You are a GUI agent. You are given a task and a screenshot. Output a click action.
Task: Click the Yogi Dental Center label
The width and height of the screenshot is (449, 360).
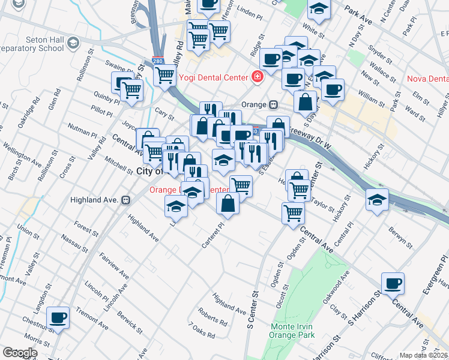point(212,77)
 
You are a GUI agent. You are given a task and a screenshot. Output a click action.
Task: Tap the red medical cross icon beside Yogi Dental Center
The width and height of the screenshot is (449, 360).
point(258,77)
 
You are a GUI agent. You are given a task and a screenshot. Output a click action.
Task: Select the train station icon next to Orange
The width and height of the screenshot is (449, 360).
point(273,104)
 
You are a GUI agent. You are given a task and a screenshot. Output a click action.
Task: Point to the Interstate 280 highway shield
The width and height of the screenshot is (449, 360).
point(157,61)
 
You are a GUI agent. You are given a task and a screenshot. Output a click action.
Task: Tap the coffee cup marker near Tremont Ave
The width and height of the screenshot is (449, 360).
point(58,317)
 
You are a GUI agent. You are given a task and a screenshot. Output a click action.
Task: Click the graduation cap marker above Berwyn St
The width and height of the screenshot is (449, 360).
point(376,200)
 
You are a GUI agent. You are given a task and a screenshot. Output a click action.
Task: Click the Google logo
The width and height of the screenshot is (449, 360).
point(20,353)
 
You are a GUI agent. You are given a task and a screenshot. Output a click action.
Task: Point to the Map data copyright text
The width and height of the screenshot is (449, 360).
point(424,355)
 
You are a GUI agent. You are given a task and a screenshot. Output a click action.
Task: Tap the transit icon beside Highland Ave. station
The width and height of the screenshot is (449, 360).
point(126,200)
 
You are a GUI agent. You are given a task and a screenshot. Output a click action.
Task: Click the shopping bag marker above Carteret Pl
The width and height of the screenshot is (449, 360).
point(228,203)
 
